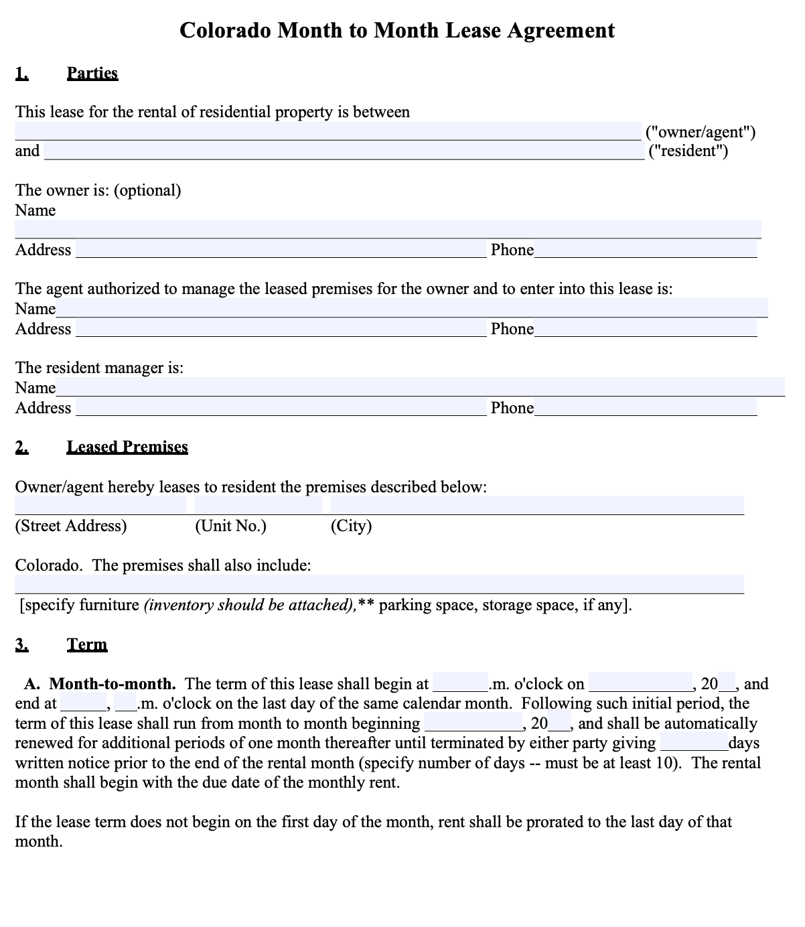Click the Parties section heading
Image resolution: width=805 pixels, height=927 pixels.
point(92,73)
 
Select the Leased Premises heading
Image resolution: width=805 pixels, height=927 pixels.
point(127,447)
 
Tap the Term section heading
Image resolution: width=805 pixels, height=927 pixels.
point(87,644)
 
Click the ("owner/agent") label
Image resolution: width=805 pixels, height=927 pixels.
point(700,131)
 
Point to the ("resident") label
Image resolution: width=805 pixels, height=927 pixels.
point(688,151)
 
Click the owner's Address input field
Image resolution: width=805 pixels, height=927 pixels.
point(281,250)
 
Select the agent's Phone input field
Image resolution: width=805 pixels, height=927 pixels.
point(646,329)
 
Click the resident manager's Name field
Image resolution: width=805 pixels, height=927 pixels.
point(420,387)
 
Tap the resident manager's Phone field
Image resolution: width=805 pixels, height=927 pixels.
point(646,408)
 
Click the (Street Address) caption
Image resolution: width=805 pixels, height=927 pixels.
point(71,526)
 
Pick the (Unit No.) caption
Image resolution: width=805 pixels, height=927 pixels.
point(230,526)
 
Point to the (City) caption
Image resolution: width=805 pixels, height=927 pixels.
point(351,526)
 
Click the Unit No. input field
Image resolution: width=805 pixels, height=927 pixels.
point(259,505)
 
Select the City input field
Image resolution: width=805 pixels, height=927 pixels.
point(537,505)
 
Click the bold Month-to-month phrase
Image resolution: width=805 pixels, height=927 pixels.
point(113,684)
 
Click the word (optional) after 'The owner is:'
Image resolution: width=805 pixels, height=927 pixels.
point(147,190)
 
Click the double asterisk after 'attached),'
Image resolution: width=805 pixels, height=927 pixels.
point(366,605)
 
